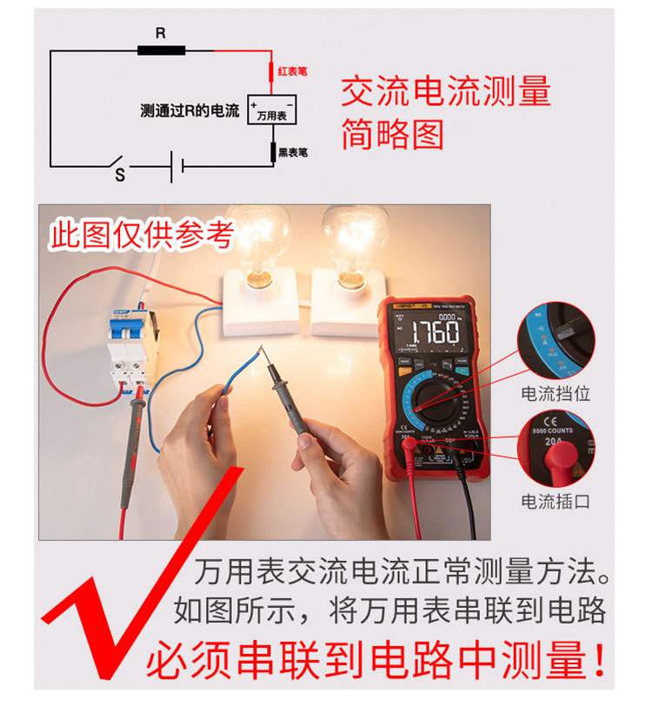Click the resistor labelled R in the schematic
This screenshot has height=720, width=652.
pyautogui.click(x=161, y=50)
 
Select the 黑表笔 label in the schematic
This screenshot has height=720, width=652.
pyautogui.click(x=292, y=152)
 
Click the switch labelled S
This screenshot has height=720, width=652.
pyautogui.click(x=120, y=164)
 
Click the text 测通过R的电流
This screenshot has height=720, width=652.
pyautogui.click(x=190, y=111)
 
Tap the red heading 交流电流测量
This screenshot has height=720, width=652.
pyautogui.click(x=445, y=92)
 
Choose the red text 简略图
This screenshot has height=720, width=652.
pyautogui.click(x=392, y=134)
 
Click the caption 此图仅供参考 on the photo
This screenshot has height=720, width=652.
pyautogui.click(x=141, y=234)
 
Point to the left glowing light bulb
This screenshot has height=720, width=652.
pyautogui.click(x=257, y=239)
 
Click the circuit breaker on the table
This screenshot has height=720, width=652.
pyautogui.click(x=128, y=348)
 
